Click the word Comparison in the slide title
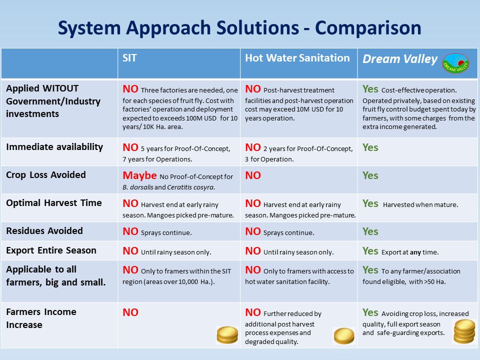coord(368,28)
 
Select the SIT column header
coord(129,58)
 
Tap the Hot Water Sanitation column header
coord(297,58)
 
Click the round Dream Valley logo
coord(455,63)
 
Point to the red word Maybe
coord(139,175)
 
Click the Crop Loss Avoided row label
coord(46,175)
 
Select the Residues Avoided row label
coord(44,230)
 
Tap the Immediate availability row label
coord(54,147)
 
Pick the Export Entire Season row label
coord(51,250)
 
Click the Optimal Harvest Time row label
coord(54,202)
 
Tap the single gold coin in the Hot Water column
coord(344,336)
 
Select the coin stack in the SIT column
coord(227,334)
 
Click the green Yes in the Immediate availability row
coord(370,147)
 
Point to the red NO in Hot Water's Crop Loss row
coord(253,175)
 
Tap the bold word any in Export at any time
coord(415,252)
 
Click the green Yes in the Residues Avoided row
coord(370,231)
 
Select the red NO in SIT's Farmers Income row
coord(130,312)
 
